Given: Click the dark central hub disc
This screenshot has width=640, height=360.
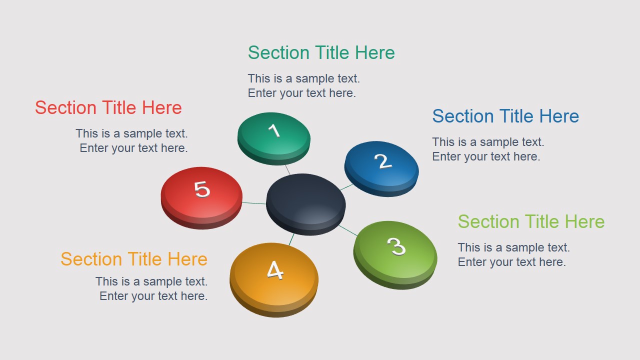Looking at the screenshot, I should [305, 202].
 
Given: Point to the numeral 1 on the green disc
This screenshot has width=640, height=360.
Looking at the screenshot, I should [274, 131].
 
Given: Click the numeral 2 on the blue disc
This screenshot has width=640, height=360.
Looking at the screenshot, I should [382, 161].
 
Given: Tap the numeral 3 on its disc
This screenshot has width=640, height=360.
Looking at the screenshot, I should [396, 246].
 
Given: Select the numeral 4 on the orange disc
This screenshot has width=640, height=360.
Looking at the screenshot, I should [275, 270].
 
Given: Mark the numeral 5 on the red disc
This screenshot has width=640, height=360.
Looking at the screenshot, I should [202, 189].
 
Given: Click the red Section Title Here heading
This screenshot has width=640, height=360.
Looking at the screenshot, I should [108, 108].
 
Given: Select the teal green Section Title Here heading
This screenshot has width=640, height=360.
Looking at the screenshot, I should [321, 53].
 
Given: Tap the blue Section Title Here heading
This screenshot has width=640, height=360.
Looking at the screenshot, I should [505, 116].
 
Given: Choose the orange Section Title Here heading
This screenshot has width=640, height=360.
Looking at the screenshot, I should [133, 259].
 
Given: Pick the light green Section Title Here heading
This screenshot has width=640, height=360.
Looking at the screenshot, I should [531, 222].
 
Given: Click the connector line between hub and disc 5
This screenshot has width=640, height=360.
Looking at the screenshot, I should [254, 203].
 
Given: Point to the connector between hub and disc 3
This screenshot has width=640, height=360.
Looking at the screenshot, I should [348, 230].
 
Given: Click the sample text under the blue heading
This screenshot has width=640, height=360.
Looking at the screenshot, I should [487, 149].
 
